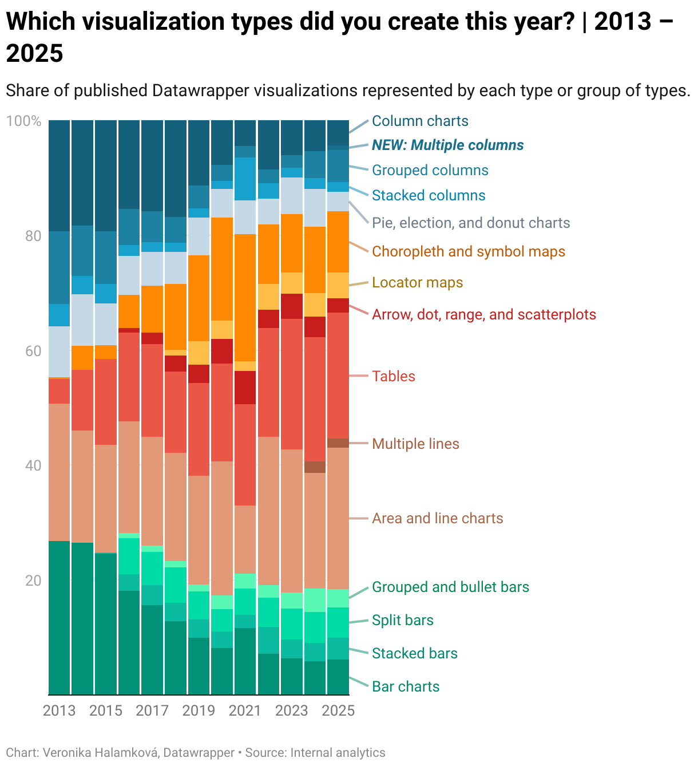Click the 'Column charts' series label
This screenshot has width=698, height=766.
420,121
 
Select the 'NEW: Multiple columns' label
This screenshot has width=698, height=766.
447,145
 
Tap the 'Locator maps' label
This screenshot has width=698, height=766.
417,282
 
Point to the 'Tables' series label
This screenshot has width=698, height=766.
393,376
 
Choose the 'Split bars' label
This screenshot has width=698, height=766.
402,620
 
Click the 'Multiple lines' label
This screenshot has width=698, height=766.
415,444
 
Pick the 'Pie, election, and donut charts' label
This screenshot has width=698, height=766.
471,223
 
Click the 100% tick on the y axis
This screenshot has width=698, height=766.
23,121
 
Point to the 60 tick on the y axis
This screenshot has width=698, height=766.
33,350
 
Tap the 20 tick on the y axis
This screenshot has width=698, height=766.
33,580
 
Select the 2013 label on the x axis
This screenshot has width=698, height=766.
59,710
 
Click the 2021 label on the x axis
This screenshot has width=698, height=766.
245,710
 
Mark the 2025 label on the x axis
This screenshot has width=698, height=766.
338,710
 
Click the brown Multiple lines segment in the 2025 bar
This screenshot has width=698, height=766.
338,443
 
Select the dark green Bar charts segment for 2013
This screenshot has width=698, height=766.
59,618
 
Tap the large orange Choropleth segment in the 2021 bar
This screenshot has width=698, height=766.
245,298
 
